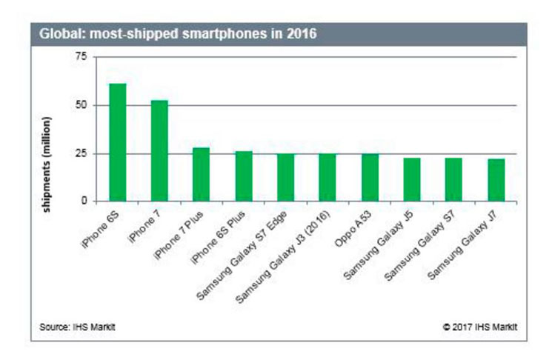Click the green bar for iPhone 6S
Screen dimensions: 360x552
tap(117, 142)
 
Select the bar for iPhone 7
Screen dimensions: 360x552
tap(159, 151)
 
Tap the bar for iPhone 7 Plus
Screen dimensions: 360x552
tap(202, 174)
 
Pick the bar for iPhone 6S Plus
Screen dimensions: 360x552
tap(244, 176)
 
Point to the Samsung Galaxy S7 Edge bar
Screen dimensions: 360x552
tap(286, 177)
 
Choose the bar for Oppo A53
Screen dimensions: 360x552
tap(370, 177)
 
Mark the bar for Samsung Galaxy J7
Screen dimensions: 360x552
tap(496, 180)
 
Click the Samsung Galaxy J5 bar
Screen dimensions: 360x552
tap(412, 179)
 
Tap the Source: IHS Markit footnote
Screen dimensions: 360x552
tap(77, 326)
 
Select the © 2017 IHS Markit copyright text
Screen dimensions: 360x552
tap(481, 326)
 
